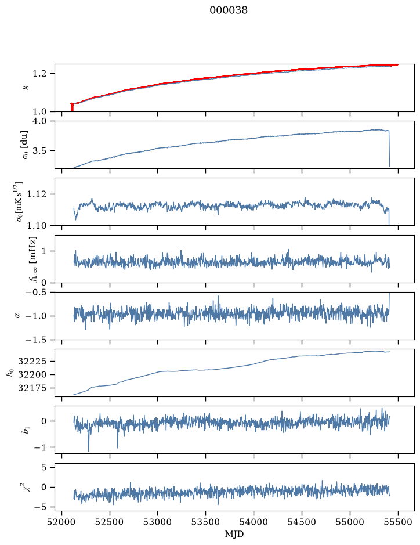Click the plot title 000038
(228, 10)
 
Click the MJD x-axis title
(234, 534)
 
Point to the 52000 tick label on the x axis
(62, 522)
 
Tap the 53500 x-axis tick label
(206, 522)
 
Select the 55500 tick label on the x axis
(398, 522)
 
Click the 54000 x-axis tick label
(254, 522)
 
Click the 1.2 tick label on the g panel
(39, 74)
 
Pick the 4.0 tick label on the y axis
(39, 121)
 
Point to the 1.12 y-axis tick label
(37, 194)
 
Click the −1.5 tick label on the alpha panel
(36, 340)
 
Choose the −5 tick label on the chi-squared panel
(40, 507)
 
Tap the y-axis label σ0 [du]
(25, 145)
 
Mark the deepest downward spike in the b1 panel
(89, 451)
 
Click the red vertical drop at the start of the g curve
(72, 107)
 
